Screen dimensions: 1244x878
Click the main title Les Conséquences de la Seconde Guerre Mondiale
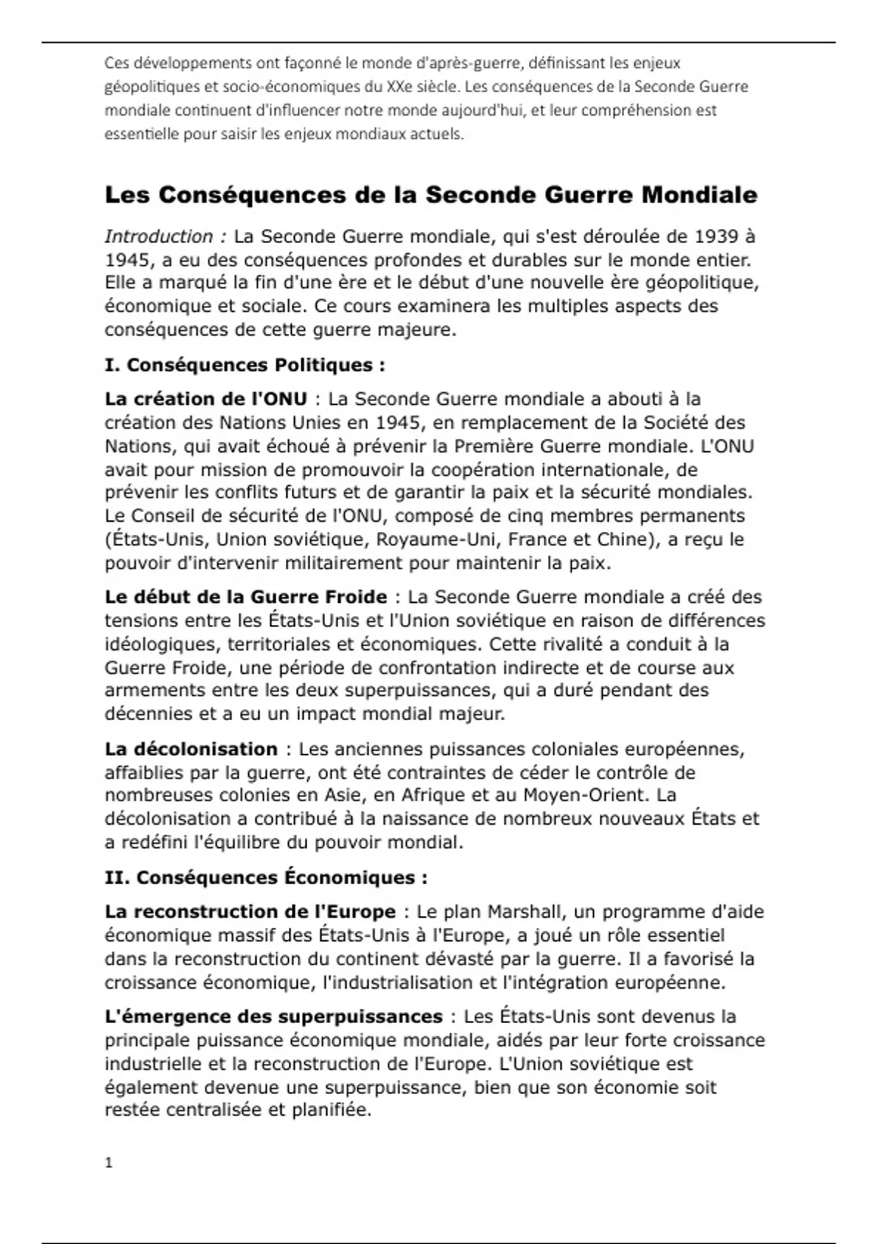click(x=430, y=195)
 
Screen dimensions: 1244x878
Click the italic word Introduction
click(x=159, y=236)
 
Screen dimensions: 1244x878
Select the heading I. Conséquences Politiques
click(x=244, y=364)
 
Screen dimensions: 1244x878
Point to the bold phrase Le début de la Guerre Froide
click(x=246, y=596)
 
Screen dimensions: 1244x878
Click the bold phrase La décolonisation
click(x=191, y=749)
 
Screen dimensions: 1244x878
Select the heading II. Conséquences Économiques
click(x=266, y=877)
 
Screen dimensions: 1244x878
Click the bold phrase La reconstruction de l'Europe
click(x=249, y=912)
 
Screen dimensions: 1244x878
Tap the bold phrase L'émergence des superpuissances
click(x=273, y=1016)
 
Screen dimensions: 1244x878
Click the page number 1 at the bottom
click(x=109, y=1163)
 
